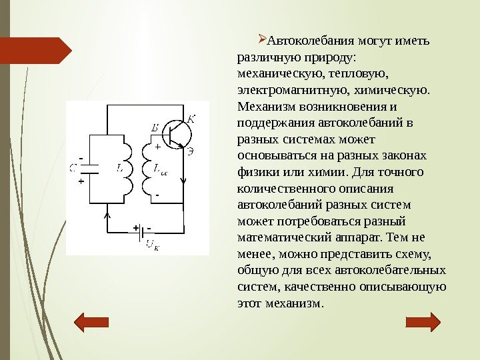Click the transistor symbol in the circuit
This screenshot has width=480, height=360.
(175, 133)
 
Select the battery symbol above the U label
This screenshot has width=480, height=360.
(143, 229)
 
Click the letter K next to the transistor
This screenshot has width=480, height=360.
(191, 119)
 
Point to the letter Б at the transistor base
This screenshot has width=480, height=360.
(155, 127)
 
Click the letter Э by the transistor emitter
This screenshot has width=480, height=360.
(191, 151)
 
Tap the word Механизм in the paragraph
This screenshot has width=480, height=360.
(264, 107)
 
